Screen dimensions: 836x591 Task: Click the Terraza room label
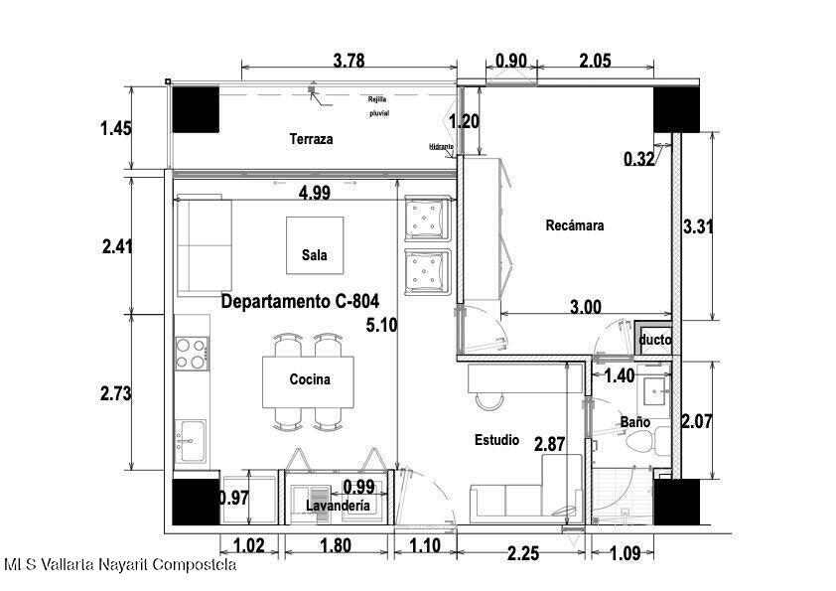pyautogui.click(x=312, y=139)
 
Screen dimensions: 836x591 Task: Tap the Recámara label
pyautogui.click(x=575, y=225)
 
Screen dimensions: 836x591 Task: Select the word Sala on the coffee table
pyautogui.click(x=315, y=254)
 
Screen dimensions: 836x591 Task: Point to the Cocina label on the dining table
pyautogui.click(x=310, y=379)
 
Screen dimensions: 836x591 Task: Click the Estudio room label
pyautogui.click(x=496, y=440)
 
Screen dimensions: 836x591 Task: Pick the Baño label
pyautogui.click(x=635, y=422)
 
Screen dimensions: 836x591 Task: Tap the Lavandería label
pyautogui.click(x=338, y=506)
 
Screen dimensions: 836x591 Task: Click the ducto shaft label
pyautogui.click(x=655, y=340)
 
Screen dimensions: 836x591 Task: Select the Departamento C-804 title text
pyautogui.click(x=300, y=301)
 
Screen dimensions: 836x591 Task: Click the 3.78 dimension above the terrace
pyautogui.click(x=349, y=61)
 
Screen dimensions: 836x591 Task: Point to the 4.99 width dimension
pyautogui.click(x=315, y=193)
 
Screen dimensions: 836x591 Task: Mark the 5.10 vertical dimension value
pyautogui.click(x=381, y=325)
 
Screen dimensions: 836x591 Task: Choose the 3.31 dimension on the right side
pyautogui.click(x=698, y=226)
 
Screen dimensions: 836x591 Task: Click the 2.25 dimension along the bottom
pyautogui.click(x=523, y=553)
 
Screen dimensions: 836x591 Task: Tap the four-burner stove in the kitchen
pyautogui.click(x=192, y=354)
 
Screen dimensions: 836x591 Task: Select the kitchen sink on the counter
pyautogui.click(x=191, y=441)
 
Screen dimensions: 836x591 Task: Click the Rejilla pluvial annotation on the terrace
pyautogui.click(x=378, y=106)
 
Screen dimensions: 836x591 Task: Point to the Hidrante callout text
pyautogui.click(x=442, y=147)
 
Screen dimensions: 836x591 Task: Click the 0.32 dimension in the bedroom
pyautogui.click(x=638, y=158)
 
